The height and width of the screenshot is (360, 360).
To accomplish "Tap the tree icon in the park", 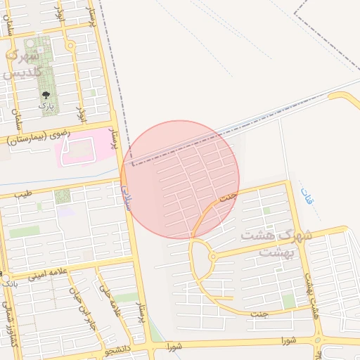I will tap(46, 94).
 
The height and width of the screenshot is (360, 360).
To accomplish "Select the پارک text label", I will tap(46, 105).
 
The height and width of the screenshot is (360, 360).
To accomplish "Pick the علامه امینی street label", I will tap(44, 274).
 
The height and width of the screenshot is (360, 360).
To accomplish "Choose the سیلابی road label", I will tap(127, 190).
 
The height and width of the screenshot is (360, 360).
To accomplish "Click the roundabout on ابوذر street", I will tap(70, 46).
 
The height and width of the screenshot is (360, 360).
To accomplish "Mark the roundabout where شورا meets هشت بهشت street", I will tap(321, 341).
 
